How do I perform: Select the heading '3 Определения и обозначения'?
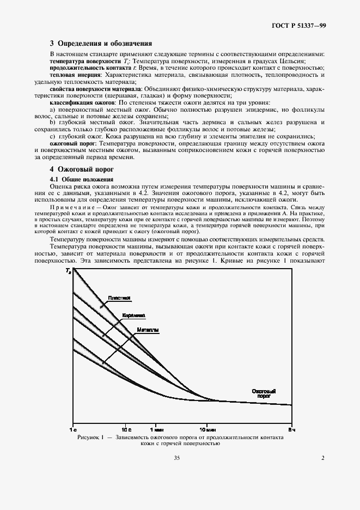(x=101, y=43)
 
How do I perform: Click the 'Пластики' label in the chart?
(x=119, y=297)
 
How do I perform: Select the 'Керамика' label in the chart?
(x=133, y=315)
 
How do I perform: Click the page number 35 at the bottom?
(x=176, y=458)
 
